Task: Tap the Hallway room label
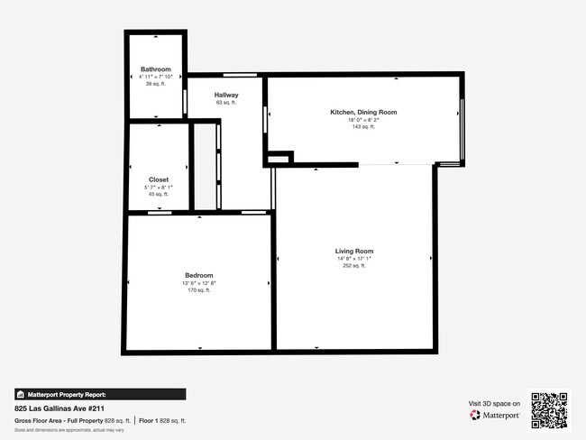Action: tap(226, 95)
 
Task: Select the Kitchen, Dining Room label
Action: tap(363, 112)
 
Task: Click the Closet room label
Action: tap(159, 179)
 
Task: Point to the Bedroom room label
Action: tap(199, 275)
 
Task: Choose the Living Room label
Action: tap(354, 251)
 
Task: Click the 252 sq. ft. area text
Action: tap(354, 266)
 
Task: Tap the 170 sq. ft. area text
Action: tap(199, 290)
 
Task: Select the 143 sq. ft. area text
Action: tap(363, 126)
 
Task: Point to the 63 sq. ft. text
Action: tap(226, 103)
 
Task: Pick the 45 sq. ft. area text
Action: tap(159, 194)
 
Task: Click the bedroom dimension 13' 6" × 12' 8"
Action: tap(199, 283)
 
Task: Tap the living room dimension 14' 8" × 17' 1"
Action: tap(354, 259)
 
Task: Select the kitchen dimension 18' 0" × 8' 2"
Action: tap(363, 119)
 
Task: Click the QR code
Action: tap(549, 409)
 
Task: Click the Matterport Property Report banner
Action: tap(100, 394)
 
